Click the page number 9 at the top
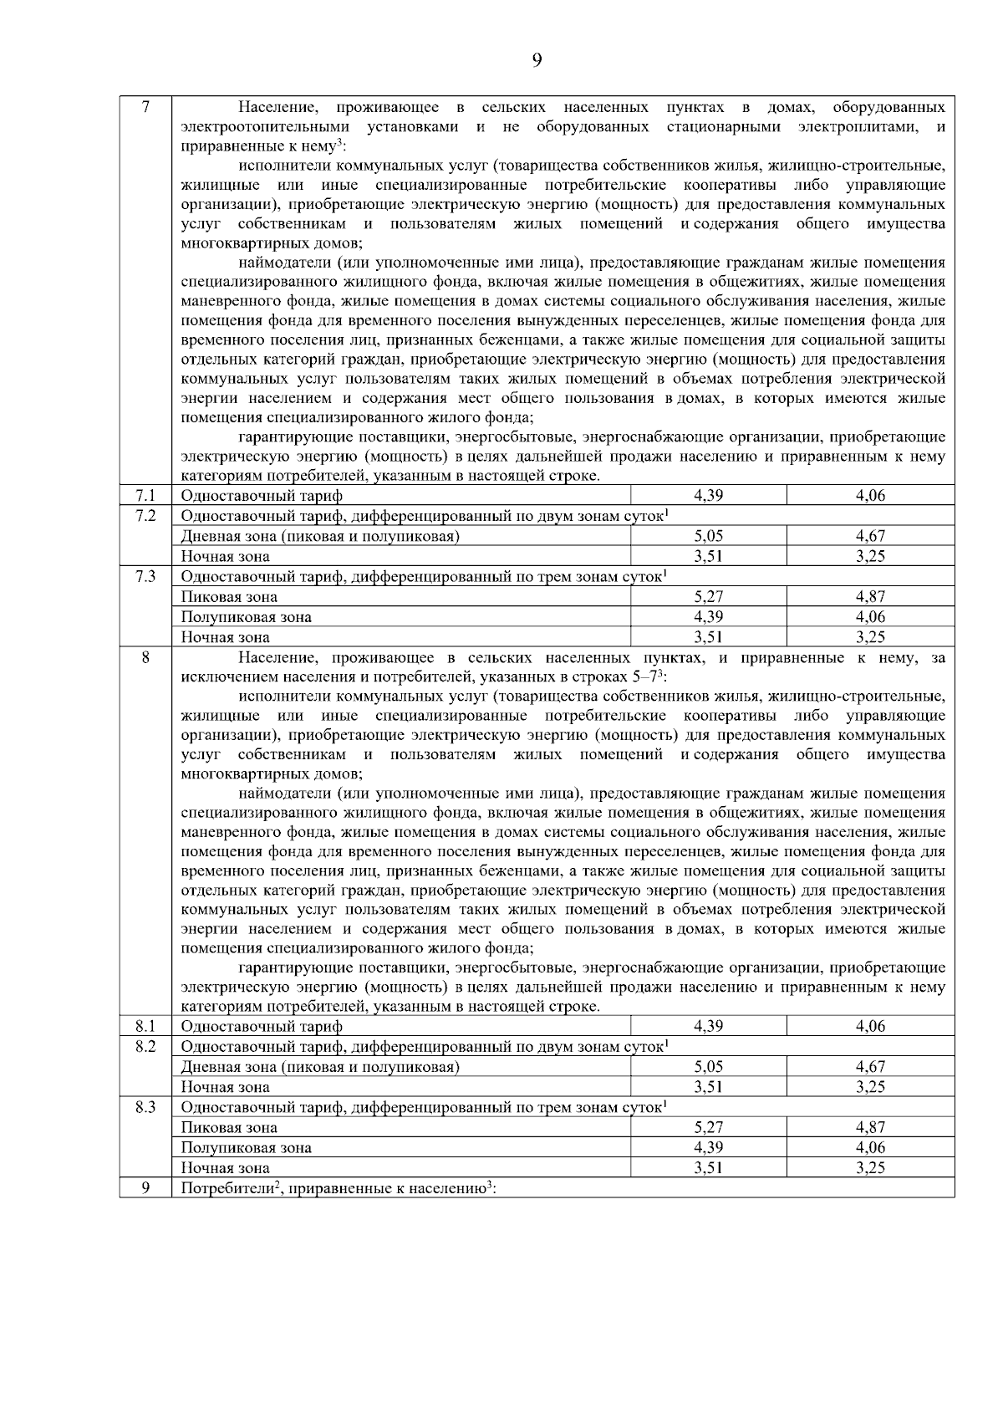[537, 59]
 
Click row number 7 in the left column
[145, 107]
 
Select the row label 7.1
[145, 496]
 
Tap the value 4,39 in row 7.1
[708, 496]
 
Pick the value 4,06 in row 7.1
[870, 496]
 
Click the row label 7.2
[145, 516]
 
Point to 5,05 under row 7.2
[708, 536]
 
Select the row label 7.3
[145, 577]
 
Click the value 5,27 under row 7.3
[708, 597]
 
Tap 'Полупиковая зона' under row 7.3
[247, 617]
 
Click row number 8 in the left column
[145, 658]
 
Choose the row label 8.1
[145, 1026]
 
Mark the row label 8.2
[145, 1047]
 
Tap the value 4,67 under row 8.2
[870, 1067]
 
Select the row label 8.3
[145, 1107]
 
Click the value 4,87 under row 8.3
[870, 1127]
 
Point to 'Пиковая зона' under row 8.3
[229, 1128]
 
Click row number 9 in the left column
[145, 1188]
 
